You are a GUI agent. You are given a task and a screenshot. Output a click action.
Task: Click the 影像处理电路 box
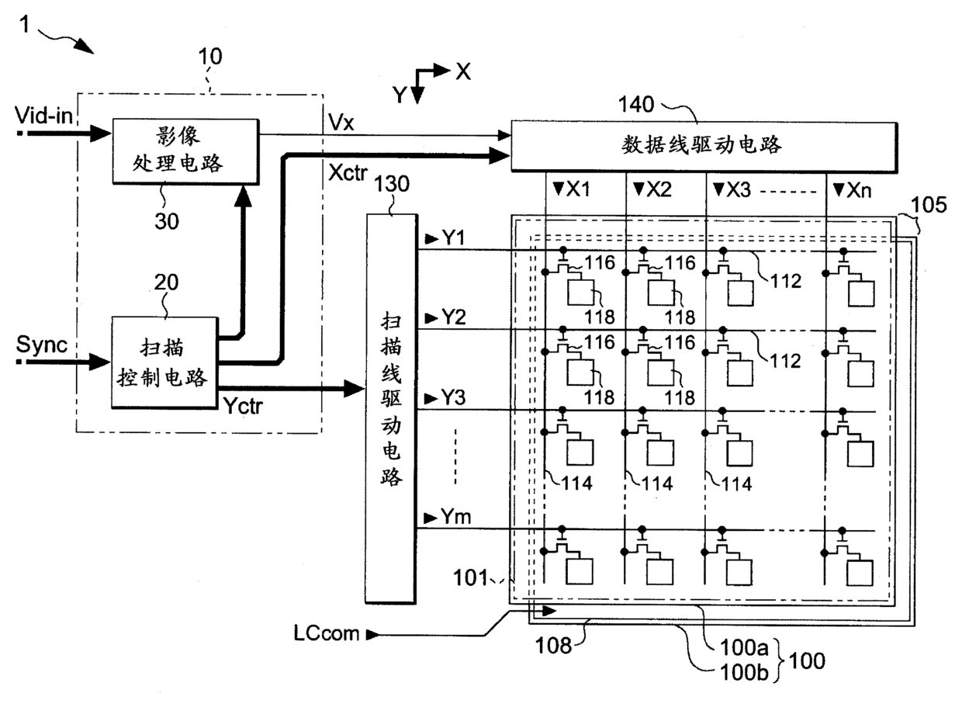(186, 151)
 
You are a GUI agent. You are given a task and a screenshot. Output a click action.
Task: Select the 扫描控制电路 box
(165, 362)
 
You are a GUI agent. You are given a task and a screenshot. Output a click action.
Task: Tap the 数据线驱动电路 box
(704, 147)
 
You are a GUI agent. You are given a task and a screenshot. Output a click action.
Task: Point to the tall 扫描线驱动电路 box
(391, 408)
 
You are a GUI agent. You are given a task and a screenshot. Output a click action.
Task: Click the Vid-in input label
(43, 115)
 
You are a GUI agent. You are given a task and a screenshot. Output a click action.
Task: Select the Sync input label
(42, 345)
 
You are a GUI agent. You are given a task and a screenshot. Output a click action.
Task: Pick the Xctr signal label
(348, 172)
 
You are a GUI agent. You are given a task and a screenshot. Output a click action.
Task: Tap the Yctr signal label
(243, 405)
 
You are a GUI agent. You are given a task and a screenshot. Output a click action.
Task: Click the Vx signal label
(341, 123)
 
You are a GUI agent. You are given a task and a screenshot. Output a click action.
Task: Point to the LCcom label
(327, 633)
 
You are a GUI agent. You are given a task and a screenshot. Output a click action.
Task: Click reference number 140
(636, 104)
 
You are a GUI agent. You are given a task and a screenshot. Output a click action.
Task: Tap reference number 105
(929, 204)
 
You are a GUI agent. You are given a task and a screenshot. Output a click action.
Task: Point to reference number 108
(553, 646)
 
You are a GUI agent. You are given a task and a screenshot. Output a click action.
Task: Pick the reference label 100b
(744, 672)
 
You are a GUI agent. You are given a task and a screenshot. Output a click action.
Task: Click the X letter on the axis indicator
(463, 71)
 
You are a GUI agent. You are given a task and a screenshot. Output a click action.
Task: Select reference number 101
(471, 577)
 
